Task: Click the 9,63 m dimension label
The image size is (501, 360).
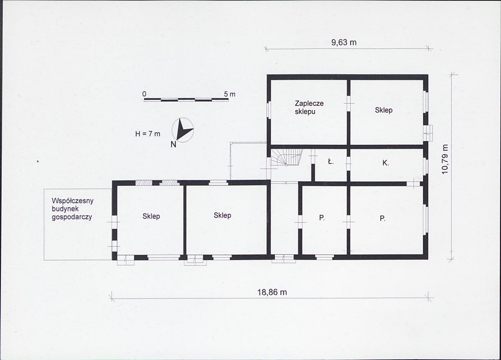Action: [344, 43]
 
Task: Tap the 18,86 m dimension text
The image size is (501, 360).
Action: [272, 292]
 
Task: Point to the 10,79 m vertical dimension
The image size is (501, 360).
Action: [445, 160]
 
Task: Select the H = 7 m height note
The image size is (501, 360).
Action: [148, 134]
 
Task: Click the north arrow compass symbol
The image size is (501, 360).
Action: [183, 130]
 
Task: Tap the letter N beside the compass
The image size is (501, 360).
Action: [173, 145]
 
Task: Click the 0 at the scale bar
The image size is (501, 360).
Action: [145, 94]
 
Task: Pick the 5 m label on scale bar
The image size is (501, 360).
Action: [229, 94]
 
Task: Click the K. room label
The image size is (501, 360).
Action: [386, 163]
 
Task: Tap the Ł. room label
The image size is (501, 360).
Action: [331, 162]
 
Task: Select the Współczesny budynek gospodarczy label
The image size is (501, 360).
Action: [73, 209]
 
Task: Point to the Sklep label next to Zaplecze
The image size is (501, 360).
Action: [384, 110]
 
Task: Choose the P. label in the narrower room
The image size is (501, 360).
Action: [322, 218]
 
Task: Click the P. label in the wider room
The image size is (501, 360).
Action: [382, 218]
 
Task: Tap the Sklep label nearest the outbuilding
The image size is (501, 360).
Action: [151, 216]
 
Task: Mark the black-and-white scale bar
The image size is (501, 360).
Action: [186, 100]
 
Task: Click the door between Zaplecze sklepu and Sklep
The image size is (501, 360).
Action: [348, 100]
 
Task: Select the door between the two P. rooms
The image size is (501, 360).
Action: [348, 221]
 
